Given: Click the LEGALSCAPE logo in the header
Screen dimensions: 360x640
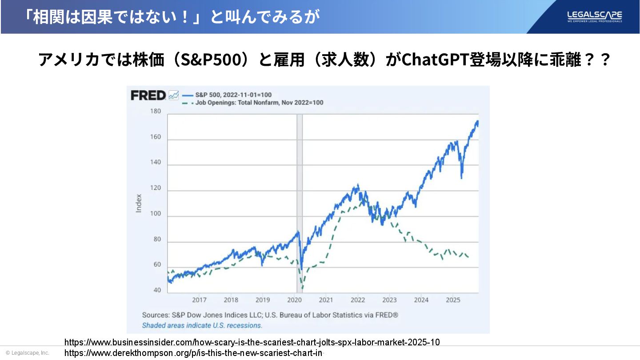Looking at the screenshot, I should [x=594, y=16].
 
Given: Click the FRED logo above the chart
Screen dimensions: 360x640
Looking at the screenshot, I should [x=148, y=95].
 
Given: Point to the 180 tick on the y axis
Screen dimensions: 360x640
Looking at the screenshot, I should [x=155, y=111].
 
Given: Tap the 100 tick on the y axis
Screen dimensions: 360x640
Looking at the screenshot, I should [x=155, y=214].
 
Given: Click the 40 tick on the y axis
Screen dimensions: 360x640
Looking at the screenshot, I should [x=157, y=290].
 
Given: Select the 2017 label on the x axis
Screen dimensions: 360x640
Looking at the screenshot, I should [x=199, y=300].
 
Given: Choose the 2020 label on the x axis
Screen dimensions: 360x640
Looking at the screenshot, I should [x=294, y=300].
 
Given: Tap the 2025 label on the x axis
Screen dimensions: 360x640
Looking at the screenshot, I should [x=453, y=300].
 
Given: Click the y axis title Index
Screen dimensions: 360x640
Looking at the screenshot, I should [x=139, y=203].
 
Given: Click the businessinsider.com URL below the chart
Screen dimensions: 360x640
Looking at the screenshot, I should [x=252, y=342].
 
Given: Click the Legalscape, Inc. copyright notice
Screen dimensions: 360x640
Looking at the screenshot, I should [x=28, y=353].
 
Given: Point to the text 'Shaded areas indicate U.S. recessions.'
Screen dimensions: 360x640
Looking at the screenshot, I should [x=202, y=325].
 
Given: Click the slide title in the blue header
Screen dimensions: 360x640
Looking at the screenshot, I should [x=172, y=17].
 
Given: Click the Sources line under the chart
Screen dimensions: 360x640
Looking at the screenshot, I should [x=270, y=315].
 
